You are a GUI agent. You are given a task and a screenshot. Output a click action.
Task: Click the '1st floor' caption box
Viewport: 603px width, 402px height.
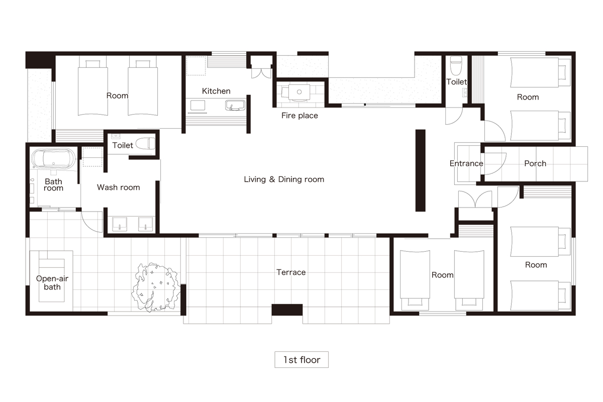pyautogui.click(x=301, y=359)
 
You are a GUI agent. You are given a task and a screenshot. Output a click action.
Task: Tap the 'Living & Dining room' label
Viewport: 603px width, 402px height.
pyautogui.click(x=284, y=179)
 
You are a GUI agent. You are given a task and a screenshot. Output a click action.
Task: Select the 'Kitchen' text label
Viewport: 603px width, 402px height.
pyautogui.click(x=216, y=91)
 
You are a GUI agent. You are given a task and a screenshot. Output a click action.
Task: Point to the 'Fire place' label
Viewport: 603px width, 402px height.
pyautogui.click(x=299, y=116)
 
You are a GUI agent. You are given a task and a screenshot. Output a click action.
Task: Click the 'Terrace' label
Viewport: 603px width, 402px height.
pyautogui.click(x=291, y=272)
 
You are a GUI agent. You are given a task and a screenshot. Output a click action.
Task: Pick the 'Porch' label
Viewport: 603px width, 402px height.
pyautogui.click(x=535, y=163)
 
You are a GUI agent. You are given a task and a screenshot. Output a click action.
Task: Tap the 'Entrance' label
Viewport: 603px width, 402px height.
pyautogui.click(x=466, y=163)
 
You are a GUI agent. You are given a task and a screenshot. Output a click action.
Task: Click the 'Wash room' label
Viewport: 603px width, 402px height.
pyautogui.click(x=119, y=187)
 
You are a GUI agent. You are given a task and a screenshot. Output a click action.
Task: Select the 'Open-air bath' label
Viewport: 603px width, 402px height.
pyautogui.click(x=52, y=282)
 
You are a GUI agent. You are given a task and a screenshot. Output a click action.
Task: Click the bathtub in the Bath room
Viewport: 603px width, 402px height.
pyautogui.click(x=54, y=159)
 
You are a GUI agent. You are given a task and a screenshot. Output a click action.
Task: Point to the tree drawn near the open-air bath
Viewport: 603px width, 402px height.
pyautogui.click(x=155, y=287)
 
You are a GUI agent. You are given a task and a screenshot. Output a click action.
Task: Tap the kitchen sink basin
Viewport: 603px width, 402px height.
pyautogui.click(x=235, y=106)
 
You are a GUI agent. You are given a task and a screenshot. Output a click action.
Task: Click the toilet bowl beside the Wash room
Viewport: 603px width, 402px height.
pyautogui.click(x=145, y=144)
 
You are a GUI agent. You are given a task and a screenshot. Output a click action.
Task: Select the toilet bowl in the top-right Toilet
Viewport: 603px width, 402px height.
pyautogui.click(x=456, y=65)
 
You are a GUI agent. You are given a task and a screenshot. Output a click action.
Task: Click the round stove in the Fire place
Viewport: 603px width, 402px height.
pyautogui.click(x=299, y=92)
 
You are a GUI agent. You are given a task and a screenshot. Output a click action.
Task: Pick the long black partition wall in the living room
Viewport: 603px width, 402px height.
pyautogui.click(x=421, y=170)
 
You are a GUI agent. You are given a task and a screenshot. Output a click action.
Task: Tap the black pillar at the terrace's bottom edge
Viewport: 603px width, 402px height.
pyautogui.click(x=287, y=310)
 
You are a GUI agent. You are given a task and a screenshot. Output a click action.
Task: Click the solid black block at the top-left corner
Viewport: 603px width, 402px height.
pyautogui.click(x=40, y=60)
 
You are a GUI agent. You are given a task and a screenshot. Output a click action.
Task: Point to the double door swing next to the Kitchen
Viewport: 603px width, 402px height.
pyautogui.click(x=261, y=73)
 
